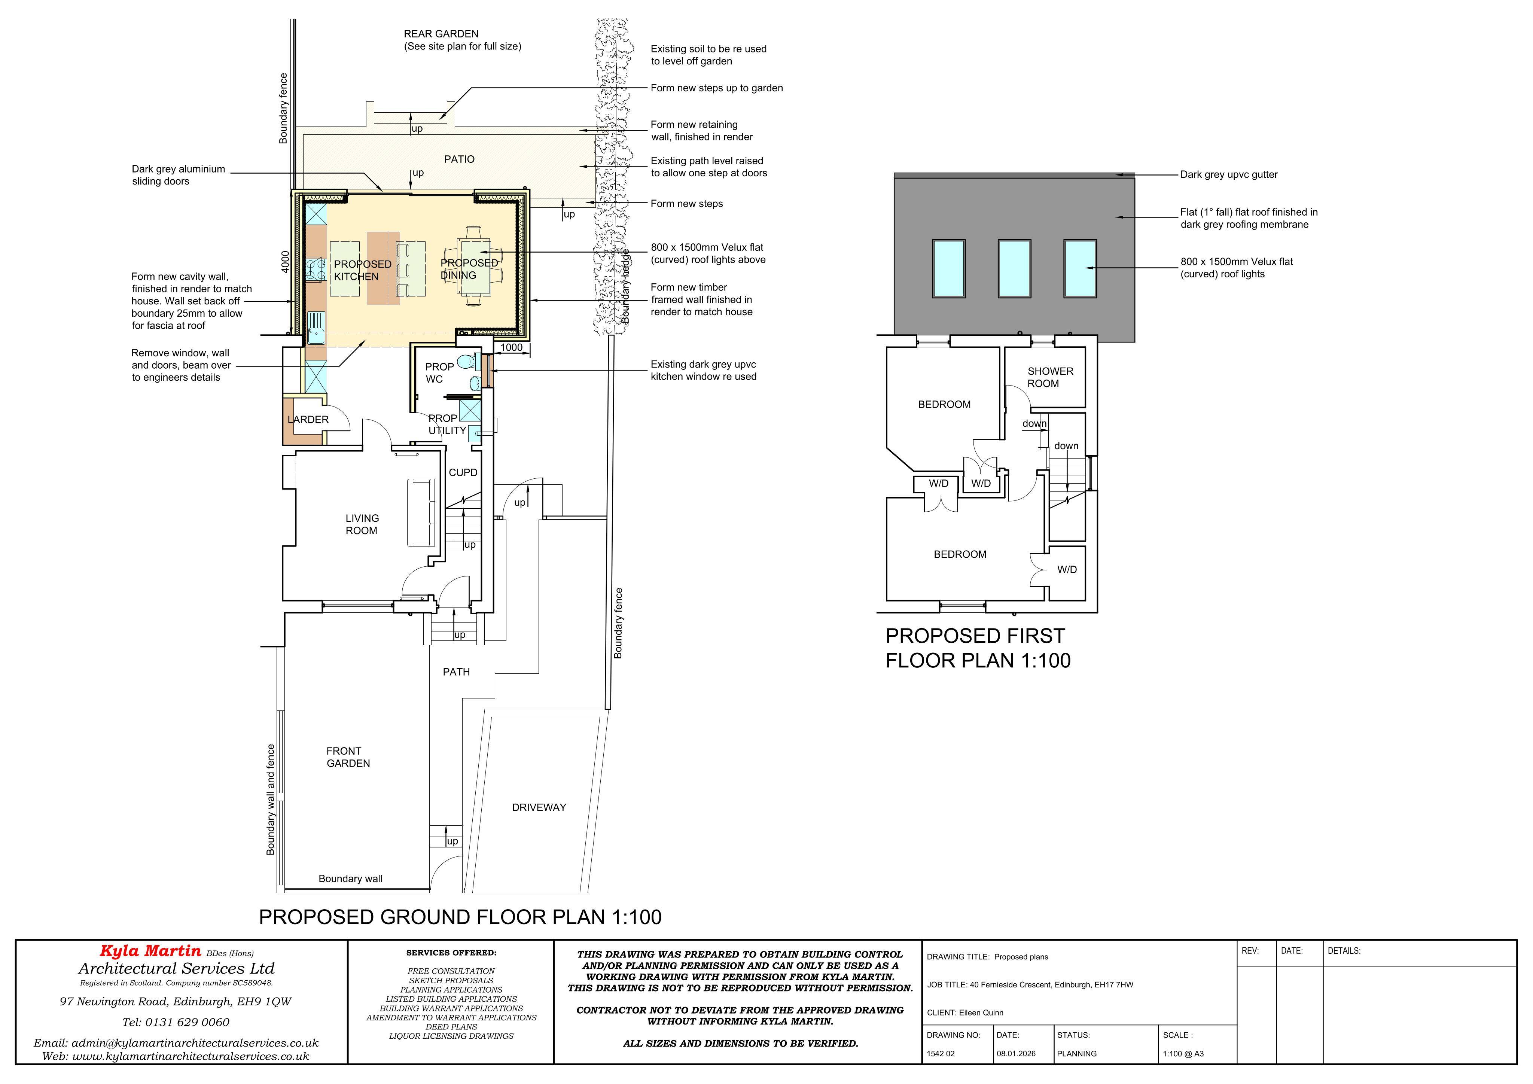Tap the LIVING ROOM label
[x=362, y=524]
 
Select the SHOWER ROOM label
[x=1050, y=377]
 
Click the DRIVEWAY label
[x=539, y=807]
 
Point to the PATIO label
[x=459, y=159]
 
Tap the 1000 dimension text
[x=512, y=347]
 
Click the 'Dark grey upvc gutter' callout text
[x=1229, y=175]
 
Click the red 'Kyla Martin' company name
[x=150, y=950]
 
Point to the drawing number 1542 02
[x=941, y=1053]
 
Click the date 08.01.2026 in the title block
[x=1016, y=1053]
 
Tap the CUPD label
[x=463, y=472]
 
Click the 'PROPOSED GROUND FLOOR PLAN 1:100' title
[x=460, y=917]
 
